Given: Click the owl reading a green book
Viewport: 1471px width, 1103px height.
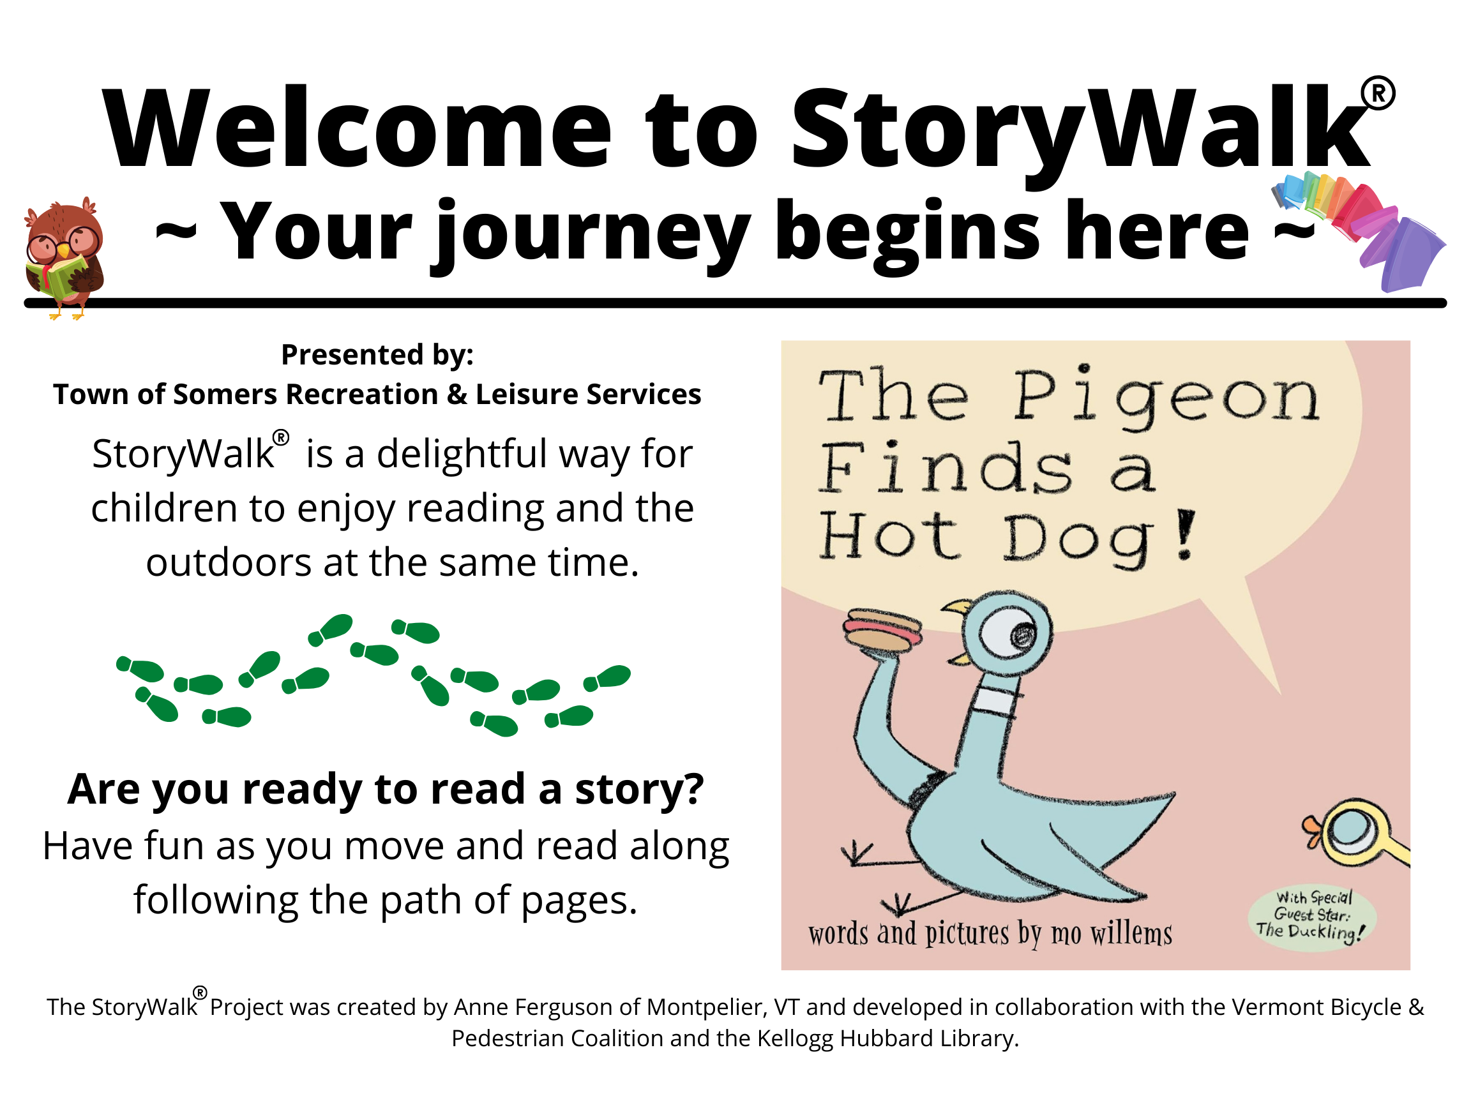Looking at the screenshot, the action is click(x=64, y=258).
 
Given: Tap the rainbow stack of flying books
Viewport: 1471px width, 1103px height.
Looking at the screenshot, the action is click(x=1363, y=229).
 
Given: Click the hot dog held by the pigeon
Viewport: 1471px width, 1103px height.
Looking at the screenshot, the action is click(x=882, y=629).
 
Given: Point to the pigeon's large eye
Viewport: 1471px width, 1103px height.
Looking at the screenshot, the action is click(x=1016, y=633).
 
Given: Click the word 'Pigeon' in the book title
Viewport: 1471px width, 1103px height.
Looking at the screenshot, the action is click(x=1166, y=398).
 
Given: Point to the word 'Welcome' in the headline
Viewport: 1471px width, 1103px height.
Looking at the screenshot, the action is click(x=357, y=128).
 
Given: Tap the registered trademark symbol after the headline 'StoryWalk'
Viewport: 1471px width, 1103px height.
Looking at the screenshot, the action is click(x=1378, y=94).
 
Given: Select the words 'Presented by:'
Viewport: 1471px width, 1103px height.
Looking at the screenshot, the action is click(x=377, y=354).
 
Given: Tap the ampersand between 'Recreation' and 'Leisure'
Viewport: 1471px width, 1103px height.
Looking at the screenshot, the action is click(x=457, y=395).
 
